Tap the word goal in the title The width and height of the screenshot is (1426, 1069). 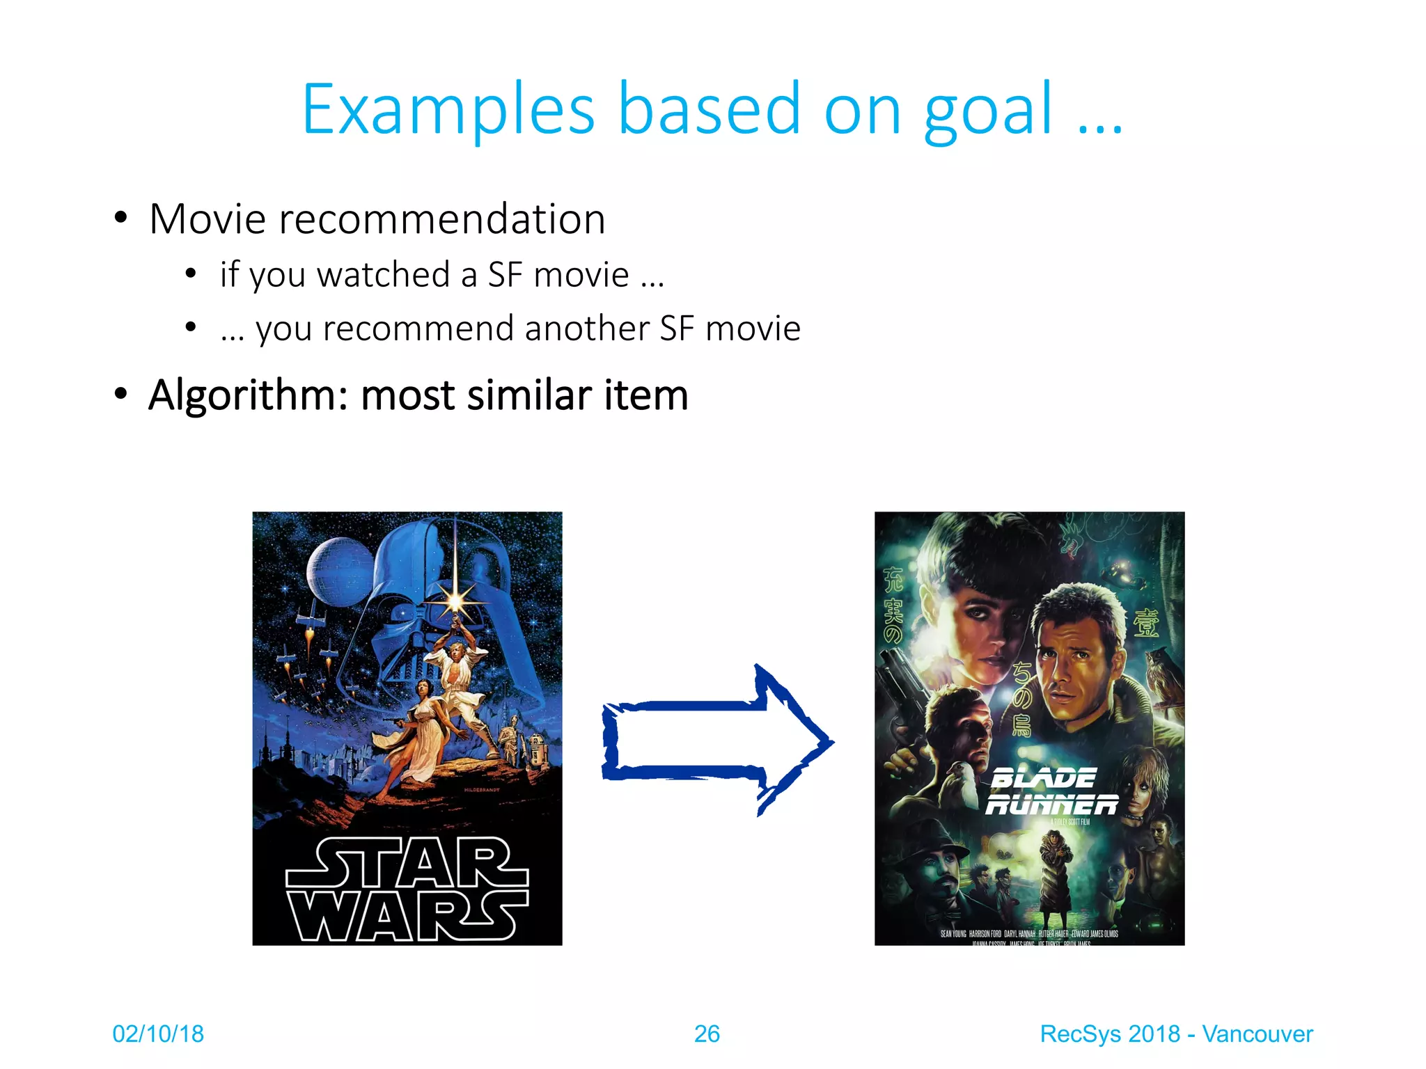[987, 111]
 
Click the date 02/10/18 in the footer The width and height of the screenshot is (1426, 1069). [158, 1034]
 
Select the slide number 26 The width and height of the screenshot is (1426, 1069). [707, 1034]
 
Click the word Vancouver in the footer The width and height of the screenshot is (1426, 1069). [1257, 1034]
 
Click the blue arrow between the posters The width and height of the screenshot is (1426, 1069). [717, 741]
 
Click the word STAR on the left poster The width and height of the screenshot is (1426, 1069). [407, 862]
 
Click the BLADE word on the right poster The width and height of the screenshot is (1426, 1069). [1042, 777]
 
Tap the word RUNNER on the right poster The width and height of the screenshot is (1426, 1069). [1051, 805]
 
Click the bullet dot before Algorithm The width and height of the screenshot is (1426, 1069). [121, 394]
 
